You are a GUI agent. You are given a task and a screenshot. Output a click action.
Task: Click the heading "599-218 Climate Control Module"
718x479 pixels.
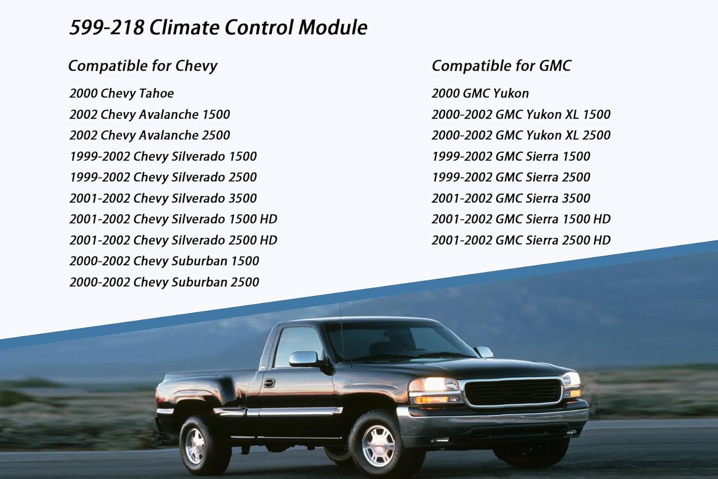pos(218,27)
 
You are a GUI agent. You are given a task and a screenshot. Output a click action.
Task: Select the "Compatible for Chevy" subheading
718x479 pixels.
pos(143,66)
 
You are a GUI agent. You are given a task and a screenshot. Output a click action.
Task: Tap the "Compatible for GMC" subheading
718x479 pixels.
pos(501,66)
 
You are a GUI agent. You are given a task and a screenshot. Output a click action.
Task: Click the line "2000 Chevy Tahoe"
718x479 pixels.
pos(122,93)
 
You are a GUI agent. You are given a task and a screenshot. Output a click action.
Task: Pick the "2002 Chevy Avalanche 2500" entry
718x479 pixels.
pos(150,135)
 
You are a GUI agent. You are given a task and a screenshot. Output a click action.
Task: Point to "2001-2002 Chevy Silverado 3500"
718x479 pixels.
pos(163,198)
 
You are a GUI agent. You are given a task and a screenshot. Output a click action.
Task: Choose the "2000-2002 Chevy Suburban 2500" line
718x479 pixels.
pos(164,282)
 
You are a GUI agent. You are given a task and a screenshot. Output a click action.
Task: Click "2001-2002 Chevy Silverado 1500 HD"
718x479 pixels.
pos(173,219)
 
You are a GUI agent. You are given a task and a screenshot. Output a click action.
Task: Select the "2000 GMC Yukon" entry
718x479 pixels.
pos(480,93)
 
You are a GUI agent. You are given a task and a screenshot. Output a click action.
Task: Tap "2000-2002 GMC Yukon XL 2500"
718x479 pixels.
pos(521,135)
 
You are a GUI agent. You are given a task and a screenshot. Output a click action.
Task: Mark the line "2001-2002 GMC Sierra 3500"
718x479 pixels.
pos(511,198)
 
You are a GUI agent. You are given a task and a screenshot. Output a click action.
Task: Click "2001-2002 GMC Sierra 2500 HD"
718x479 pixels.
pos(521,240)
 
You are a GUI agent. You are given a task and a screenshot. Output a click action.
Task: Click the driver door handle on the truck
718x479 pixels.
pos(269,383)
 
